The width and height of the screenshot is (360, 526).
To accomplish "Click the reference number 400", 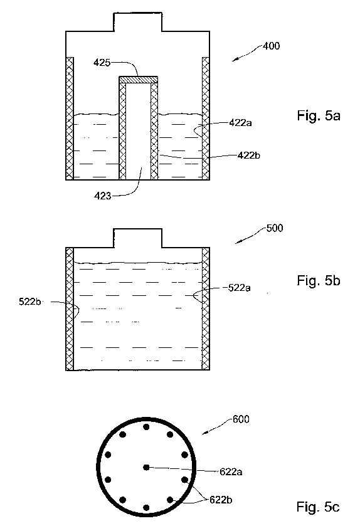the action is [271, 46].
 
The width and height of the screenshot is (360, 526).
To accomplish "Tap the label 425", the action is [102, 63].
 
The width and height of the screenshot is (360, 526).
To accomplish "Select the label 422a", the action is [241, 123].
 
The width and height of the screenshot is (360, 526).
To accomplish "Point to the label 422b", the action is [248, 155].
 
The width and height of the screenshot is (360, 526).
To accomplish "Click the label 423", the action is [102, 196].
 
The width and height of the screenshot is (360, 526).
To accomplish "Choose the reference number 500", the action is [275, 228].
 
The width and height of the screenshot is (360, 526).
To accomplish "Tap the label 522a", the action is [239, 288].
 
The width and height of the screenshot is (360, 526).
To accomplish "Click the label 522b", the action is [30, 302].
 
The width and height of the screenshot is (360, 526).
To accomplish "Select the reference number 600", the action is [241, 419].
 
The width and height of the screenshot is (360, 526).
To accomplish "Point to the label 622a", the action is [231, 472].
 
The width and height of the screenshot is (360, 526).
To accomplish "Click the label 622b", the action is [221, 500].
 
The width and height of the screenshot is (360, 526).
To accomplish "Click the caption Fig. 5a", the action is [319, 116].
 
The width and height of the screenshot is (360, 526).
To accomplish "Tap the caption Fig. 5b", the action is [319, 280].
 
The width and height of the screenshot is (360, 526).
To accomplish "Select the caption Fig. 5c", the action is [318, 507].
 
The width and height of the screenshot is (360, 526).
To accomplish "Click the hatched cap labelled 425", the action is [139, 80].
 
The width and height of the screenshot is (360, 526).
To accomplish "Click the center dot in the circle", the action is [146, 467].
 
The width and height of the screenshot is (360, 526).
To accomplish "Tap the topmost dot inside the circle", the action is [146, 427].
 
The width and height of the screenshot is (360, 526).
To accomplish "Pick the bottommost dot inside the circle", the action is [146, 508].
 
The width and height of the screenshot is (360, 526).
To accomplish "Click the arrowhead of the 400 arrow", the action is [234, 60].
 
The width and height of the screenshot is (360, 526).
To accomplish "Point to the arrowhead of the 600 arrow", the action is [203, 433].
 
